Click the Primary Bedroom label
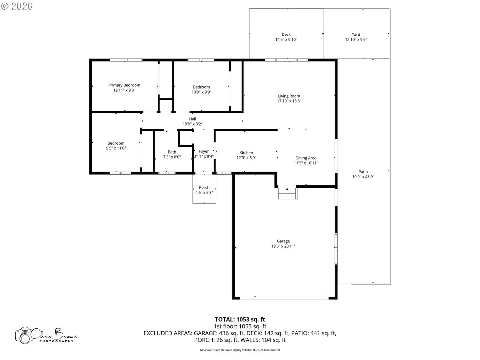tap(124, 85)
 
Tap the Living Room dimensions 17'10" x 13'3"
tap(289, 101)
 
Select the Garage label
tap(283, 241)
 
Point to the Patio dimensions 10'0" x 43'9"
tap(363, 177)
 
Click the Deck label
tap(286, 34)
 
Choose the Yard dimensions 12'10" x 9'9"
tap(356, 40)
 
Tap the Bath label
tap(172, 152)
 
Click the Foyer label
tap(204, 151)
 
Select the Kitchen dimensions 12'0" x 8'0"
tap(246, 158)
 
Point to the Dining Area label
tap(306, 158)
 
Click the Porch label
tap(204, 187)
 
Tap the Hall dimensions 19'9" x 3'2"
tap(192, 124)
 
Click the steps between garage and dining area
tap(288, 193)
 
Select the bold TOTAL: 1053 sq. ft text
tap(240, 319)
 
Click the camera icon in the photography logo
tap(23, 335)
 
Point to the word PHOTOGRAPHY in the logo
tap(56, 341)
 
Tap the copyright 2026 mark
tap(17, 6)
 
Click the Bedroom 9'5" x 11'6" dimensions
tap(116, 148)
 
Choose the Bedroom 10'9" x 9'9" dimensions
tap(201, 92)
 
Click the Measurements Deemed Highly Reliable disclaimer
tap(240, 350)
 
